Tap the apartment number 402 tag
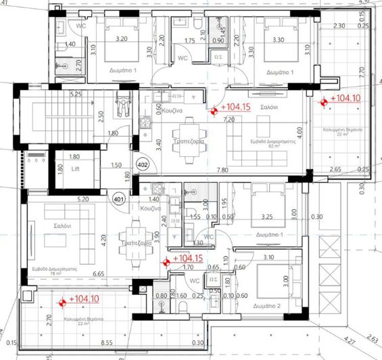[x=143, y=164]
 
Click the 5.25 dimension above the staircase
[x=76, y=93]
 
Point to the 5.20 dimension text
[x=84, y=200]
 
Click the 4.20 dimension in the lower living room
[x=106, y=238]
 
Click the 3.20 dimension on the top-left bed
[x=122, y=39]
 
